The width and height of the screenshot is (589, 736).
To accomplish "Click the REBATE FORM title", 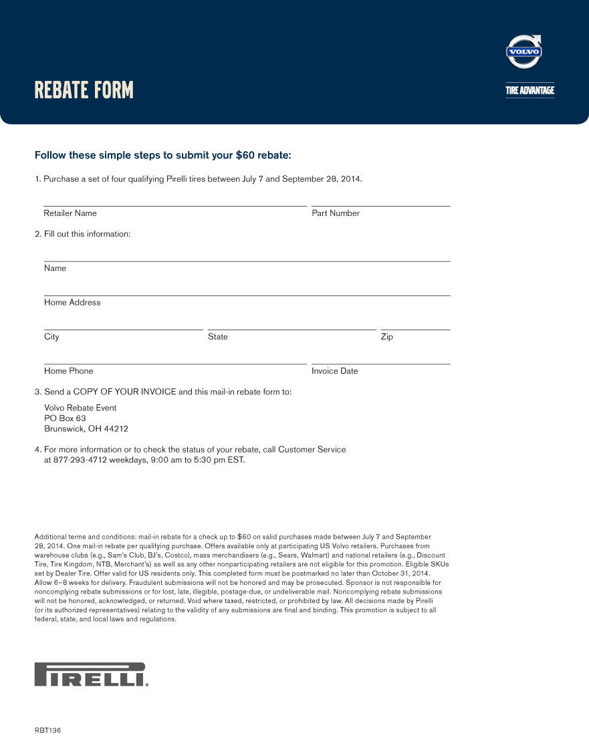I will (84, 90).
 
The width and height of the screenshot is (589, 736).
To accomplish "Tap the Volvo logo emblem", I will (524, 52).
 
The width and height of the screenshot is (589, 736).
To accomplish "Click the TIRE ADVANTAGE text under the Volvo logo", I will (529, 90).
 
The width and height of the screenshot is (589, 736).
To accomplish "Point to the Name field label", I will (55, 268).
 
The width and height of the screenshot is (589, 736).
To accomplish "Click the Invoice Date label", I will (335, 371).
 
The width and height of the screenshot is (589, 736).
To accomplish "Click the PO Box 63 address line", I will (65, 418).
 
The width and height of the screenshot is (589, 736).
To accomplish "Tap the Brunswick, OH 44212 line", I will (86, 429).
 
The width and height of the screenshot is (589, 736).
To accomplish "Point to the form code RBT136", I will (48, 730).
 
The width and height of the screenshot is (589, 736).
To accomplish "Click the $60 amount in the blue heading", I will (244, 156).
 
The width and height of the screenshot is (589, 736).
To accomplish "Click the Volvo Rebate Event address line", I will (80, 408).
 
